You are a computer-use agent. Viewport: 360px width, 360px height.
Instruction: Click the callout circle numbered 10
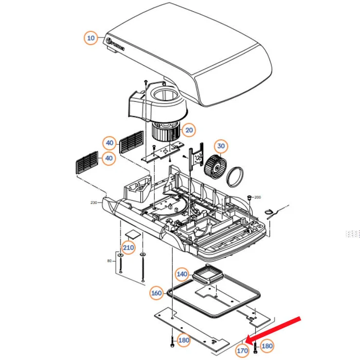[x=91, y=38]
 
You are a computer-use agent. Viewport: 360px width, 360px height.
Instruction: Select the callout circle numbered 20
[x=189, y=131]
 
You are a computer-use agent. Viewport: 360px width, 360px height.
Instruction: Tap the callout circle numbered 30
[x=221, y=147]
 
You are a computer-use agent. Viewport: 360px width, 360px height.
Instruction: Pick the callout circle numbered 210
[x=128, y=248]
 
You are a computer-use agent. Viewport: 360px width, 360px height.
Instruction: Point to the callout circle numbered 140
[x=182, y=275]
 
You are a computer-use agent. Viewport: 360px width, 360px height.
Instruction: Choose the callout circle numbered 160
[x=156, y=293]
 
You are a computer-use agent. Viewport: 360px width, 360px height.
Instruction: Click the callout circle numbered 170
[x=242, y=351]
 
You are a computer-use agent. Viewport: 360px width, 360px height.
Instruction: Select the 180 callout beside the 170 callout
[x=267, y=346]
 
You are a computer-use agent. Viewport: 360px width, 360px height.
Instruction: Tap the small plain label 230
[x=94, y=203]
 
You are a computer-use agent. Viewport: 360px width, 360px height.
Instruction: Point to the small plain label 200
[x=258, y=197]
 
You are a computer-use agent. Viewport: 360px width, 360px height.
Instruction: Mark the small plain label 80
[x=109, y=261]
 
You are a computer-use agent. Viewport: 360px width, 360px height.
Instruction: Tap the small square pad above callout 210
[x=133, y=234]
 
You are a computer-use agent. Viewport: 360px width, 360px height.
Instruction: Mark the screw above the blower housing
[x=146, y=82]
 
